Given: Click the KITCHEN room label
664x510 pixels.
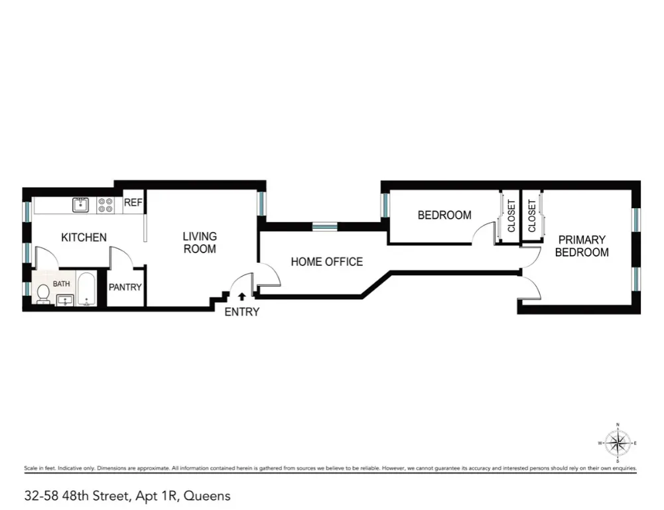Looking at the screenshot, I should (x=84, y=237).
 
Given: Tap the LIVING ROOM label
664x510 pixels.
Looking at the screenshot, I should (x=200, y=243).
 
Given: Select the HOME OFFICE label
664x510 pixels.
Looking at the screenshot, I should (x=326, y=262).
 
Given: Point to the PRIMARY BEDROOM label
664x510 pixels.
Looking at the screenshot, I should (x=582, y=246).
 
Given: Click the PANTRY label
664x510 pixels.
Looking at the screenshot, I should (x=125, y=288).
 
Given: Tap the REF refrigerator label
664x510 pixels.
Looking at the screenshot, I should (x=133, y=203).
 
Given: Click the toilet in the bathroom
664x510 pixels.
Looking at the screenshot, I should (x=43, y=292).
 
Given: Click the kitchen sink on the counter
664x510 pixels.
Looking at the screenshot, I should (x=80, y=205).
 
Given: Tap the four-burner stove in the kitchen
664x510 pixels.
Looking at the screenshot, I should (x=105, y=205).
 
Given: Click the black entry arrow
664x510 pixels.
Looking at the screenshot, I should (x=241, y=297).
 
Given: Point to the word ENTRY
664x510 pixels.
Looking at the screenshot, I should (x=241, y=312).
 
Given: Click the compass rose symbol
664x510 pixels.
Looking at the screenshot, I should (x=618, y=443).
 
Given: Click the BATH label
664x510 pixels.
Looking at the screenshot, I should (x=61, y=284).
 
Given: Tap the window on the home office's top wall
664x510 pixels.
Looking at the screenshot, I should (x=324, y=227).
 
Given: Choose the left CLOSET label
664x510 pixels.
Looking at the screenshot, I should (x=511, y=216).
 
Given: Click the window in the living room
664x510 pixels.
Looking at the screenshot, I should (x=261, y=203).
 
